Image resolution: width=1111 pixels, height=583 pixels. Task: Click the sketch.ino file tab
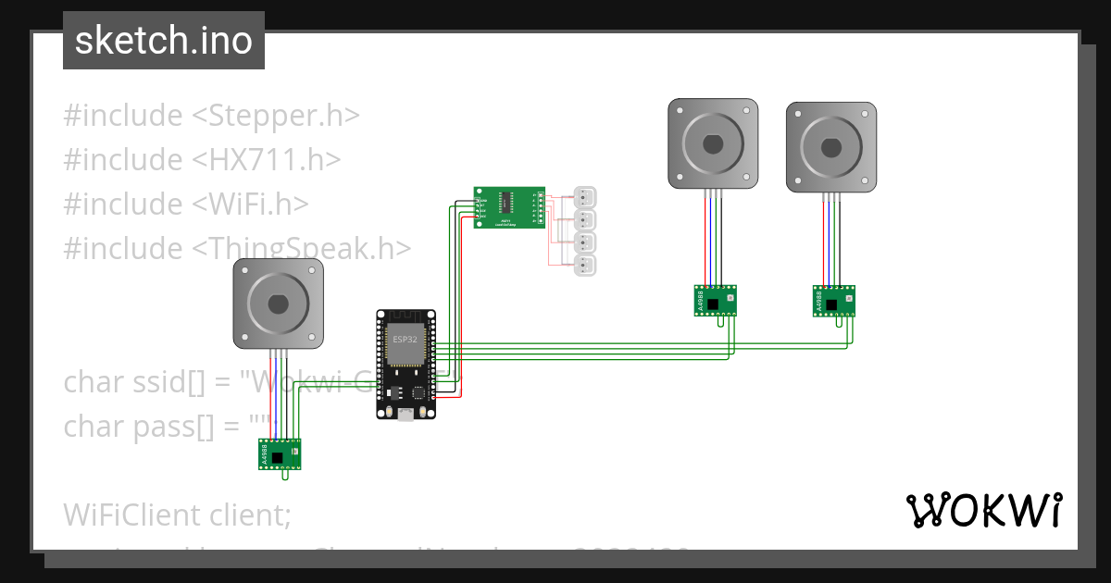point(163,41)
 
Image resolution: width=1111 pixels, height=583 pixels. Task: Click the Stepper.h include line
point(211,116)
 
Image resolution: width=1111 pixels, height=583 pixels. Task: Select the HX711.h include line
point(202,160)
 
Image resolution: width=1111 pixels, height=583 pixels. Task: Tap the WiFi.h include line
point(185,204)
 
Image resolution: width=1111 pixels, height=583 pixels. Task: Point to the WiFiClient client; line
point(177,514)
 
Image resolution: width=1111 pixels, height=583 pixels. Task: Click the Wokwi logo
point(983,510)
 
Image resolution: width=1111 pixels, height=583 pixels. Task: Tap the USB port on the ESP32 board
point(406,414)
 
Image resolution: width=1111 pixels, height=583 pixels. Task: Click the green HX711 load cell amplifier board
point(509,206)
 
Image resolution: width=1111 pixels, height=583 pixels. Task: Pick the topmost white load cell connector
point(584,197)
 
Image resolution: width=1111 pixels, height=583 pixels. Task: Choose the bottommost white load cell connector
point(584,266)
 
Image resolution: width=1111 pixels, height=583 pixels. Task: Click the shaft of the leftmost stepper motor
point(278,304)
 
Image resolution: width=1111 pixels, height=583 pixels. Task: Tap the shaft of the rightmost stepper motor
point(830,146)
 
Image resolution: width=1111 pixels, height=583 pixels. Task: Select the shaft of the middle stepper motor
point(713,144)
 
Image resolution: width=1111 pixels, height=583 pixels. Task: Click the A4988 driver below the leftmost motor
point(280,453)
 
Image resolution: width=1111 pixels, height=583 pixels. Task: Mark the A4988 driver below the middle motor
point(716,300)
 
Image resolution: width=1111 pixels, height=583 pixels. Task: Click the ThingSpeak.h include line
point(237,248)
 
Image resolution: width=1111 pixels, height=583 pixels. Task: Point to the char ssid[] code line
point(148,381)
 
